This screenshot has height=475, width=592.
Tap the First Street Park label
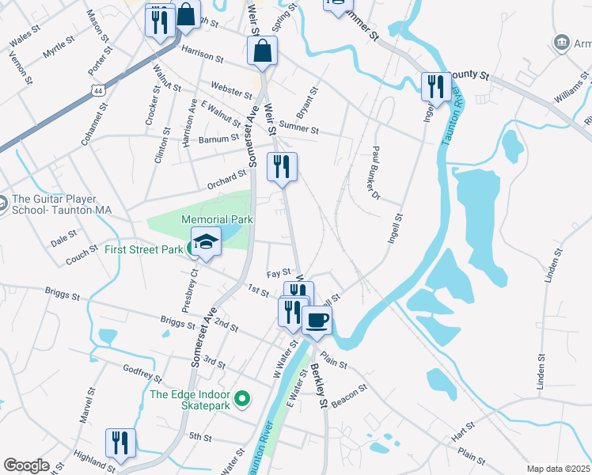click(144, 250)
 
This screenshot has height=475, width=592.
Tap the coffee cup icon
click(317, 321)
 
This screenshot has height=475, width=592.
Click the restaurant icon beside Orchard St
click(282, 167)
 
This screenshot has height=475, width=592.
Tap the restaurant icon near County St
click(435, 86)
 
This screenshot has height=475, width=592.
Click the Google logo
click(26, 465)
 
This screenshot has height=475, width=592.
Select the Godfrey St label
click(142, 374)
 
